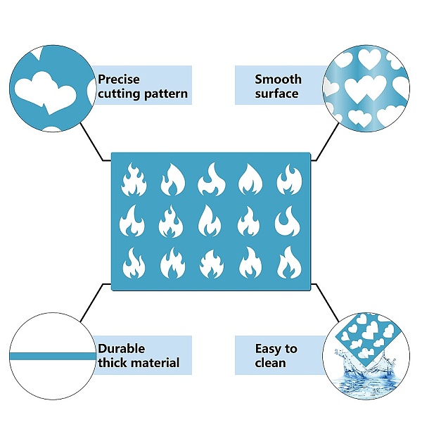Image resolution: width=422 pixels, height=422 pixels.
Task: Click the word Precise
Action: (x=120, y=79)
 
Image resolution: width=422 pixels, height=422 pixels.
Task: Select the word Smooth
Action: (x=278, y=79)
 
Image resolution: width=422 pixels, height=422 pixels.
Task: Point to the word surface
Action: (x=276, y=94)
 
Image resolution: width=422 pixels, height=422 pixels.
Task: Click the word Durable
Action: (x=122, y=348)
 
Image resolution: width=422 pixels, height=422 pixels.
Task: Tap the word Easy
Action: (x=268, y=348)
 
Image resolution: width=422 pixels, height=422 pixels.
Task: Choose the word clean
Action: (x=270, y=363)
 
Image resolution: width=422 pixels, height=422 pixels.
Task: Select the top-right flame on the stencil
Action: (x=288, y=179)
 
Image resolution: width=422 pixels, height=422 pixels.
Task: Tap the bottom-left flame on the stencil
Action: (x=134, y=264)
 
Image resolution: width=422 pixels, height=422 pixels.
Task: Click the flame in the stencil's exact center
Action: (x=210, y=221)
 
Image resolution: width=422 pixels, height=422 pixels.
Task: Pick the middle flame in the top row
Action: (x=210, y=179)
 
